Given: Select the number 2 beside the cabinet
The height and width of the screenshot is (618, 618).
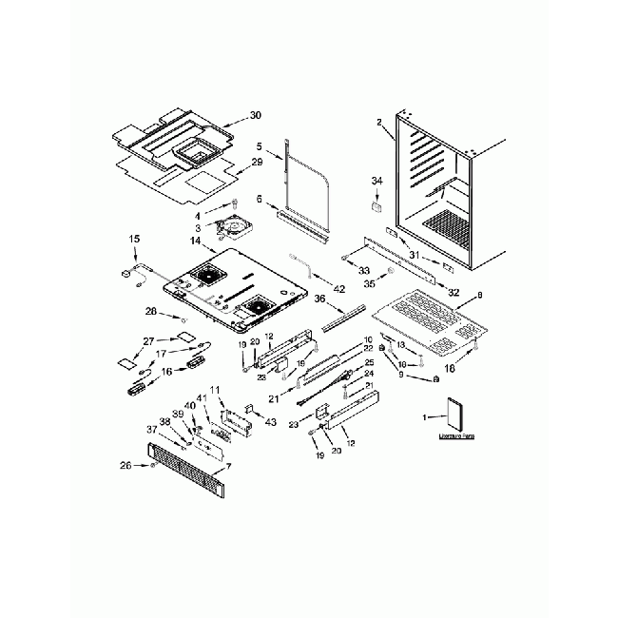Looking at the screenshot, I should coord(378,122).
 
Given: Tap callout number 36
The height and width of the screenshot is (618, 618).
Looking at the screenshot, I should coord(319,299).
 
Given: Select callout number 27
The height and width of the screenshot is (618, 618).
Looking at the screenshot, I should coord(148,341).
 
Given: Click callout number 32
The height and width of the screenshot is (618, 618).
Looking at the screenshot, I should coord(454,293).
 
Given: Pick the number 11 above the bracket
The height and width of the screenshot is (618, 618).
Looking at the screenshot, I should coord(215,391).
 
